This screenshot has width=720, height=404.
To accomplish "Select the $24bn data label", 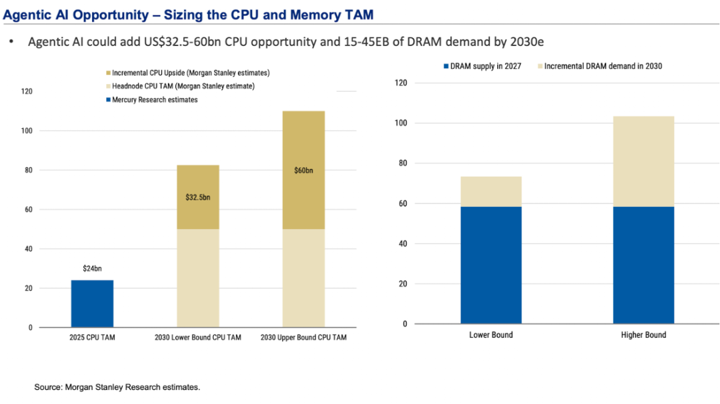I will (x=92, y=268).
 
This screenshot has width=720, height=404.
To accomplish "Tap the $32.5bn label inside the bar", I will (x=197, y=198).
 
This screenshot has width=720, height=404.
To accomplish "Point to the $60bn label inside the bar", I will (x=303, y=170).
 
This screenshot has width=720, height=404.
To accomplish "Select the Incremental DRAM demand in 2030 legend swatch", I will (x=539, y=66).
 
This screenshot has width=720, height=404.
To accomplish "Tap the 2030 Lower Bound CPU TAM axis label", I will (x=197, y=338).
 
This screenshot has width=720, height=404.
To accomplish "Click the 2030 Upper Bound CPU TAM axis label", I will (x=303, y=338).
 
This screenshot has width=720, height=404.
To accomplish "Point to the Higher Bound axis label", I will (x=643, y=335).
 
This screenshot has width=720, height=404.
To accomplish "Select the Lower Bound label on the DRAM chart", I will (x=491, y=335).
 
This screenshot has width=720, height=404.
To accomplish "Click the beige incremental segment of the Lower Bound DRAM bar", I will (x=491, y=192).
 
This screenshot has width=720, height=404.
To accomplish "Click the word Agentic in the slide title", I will (x=27, y=11).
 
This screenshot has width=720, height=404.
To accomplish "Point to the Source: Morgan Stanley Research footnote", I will (x=117, y=387).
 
